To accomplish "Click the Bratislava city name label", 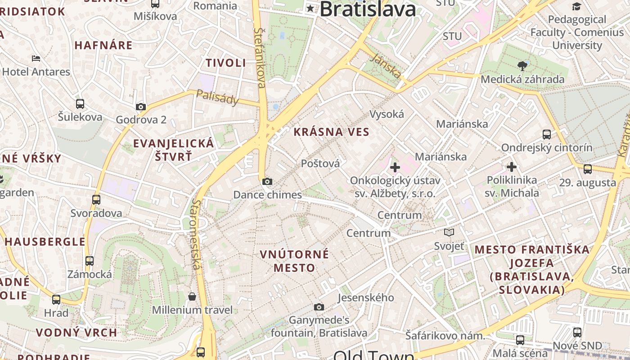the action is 368,9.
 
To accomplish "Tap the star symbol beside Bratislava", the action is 310,8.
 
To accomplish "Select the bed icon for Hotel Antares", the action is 36,58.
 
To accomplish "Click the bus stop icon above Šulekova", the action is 80,104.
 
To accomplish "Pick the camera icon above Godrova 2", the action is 141,107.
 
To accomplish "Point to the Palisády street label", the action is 217,97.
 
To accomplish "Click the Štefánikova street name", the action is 260,58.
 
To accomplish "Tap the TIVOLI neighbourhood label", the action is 226,63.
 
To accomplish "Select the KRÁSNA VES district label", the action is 331,132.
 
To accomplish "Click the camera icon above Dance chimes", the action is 267,182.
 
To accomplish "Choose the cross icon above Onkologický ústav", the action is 395,168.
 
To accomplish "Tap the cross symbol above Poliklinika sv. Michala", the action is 512,167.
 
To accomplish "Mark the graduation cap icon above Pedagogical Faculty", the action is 576,6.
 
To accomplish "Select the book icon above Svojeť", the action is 449,233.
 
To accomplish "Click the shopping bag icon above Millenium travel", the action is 192,297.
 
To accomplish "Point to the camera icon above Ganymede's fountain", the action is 319,307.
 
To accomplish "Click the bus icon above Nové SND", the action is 577,333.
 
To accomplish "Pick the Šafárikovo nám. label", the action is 445,336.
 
